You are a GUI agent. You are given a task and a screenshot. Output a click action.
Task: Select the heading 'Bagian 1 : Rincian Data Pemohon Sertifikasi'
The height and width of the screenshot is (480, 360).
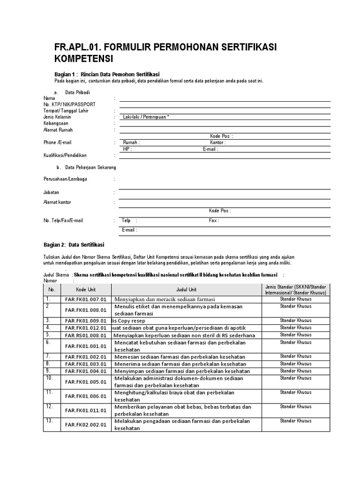pos(107,75)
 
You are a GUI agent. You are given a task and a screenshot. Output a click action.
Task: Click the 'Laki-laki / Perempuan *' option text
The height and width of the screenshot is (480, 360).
pos(145,117)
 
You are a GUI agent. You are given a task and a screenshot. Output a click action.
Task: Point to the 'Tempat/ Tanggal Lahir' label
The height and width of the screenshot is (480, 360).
pos(66,111)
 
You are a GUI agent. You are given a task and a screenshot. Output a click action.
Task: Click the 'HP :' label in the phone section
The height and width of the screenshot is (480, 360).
pos(127,149)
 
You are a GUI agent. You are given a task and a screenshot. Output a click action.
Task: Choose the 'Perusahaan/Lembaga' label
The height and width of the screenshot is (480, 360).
pos(65,179)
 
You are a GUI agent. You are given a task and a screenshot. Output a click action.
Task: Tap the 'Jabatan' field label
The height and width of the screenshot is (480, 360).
pos(51,192)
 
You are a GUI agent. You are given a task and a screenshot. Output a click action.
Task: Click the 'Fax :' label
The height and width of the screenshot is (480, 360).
pos(214,220)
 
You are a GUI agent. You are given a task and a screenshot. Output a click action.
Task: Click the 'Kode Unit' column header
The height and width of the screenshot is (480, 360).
pos(86,290)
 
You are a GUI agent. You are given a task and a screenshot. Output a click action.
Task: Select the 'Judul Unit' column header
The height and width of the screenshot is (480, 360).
pos(186,290)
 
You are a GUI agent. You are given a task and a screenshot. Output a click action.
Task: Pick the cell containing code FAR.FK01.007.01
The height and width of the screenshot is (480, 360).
pos(86,299)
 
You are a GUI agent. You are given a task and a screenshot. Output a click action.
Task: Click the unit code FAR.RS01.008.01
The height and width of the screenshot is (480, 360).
pos(86,335)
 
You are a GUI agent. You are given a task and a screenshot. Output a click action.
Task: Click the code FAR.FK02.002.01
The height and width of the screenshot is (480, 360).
pos(86,425)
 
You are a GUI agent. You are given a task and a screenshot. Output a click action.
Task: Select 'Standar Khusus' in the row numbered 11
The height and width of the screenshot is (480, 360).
pos(295,392)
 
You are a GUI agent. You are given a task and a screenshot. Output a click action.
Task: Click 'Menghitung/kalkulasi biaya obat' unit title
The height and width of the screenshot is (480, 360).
pos(174,392)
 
